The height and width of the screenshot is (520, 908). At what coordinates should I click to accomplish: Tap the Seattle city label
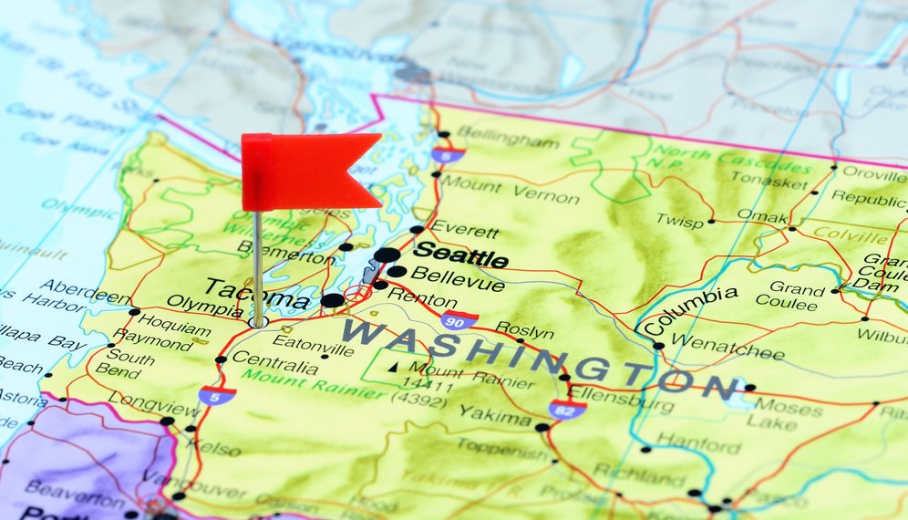[x=460, y=255]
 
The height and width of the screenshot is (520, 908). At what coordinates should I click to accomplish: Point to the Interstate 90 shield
[x=459, y=319]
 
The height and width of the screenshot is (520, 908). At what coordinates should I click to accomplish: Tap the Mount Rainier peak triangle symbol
[x=394, y=367]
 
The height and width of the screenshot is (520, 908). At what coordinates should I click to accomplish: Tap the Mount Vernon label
[x=510, y=190]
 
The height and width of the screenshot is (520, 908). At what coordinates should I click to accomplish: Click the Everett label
[x=465, y=229]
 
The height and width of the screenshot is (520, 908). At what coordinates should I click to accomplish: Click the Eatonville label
[x=313, y=345]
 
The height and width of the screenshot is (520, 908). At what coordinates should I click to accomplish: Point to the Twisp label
[x=679, y=221]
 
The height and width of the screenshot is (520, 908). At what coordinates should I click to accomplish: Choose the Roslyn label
[x=523, y=331]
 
